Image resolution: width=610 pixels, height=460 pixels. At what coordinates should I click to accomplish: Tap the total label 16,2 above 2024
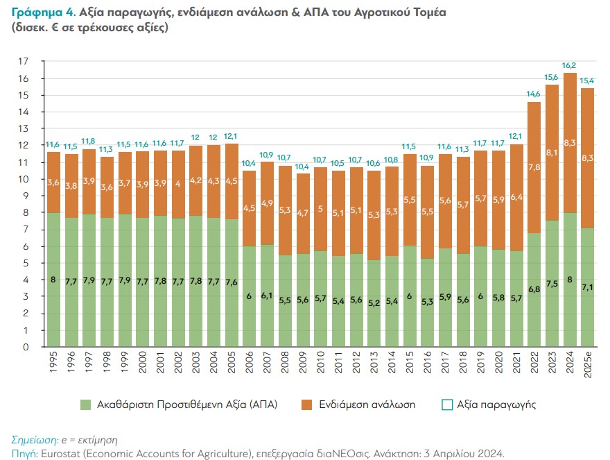570,66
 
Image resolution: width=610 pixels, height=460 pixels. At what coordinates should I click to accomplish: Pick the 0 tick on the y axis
26,347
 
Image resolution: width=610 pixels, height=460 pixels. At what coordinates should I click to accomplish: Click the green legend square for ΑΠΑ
86,404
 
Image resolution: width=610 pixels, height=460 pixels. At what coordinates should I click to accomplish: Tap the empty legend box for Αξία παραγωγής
446,404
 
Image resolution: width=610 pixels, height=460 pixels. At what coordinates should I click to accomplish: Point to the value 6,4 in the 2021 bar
516,197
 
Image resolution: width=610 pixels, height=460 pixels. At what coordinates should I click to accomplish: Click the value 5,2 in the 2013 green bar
374,303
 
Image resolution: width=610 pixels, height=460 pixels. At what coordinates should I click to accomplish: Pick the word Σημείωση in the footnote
35,440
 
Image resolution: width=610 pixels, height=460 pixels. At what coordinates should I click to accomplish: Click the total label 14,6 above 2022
534,94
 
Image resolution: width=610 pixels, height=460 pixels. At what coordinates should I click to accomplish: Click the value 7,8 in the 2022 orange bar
534,167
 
